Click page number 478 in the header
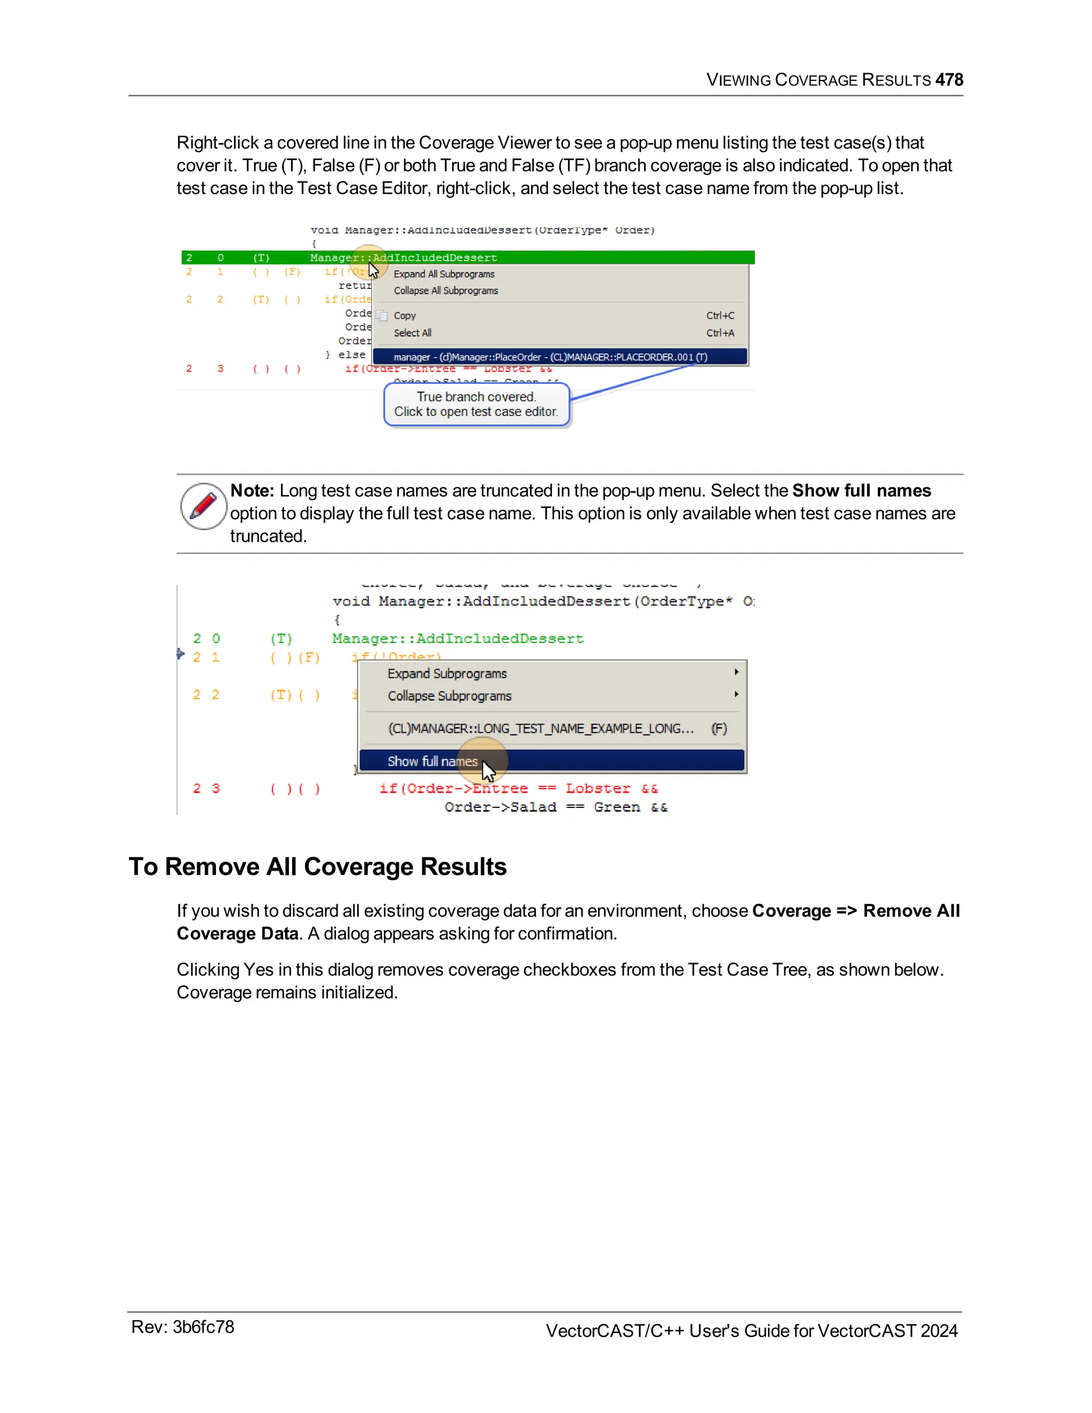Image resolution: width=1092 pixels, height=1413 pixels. coord(949,79)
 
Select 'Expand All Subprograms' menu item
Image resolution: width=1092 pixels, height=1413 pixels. coord(444,274)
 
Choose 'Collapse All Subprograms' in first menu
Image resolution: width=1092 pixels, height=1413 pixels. coord(446,291)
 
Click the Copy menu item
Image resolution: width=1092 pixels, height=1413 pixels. coord(405,316)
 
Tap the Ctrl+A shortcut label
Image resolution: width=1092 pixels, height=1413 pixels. coord(719,333)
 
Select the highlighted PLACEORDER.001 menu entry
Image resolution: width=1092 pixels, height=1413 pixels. coord(550,357)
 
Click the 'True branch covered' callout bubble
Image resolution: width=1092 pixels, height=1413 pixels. coord(476,404)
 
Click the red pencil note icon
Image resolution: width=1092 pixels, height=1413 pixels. coord(203,506)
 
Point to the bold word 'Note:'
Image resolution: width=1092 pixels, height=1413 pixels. coord(252,491)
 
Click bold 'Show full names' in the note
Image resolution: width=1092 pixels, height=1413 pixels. coord(861,491)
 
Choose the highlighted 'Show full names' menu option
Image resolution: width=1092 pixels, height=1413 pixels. coord(432,761)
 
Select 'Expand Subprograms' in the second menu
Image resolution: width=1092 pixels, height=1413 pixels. coord(447,673)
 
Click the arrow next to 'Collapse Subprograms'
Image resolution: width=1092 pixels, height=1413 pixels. coord(736,694)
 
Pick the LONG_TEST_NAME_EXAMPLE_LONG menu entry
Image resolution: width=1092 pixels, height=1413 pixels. coord(541,728)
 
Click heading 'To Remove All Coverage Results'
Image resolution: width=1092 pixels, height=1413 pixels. coord(318,867)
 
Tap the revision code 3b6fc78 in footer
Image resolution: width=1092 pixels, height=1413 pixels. coord(203,1328)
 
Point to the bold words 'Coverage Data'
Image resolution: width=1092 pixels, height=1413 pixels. coord(237,934)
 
